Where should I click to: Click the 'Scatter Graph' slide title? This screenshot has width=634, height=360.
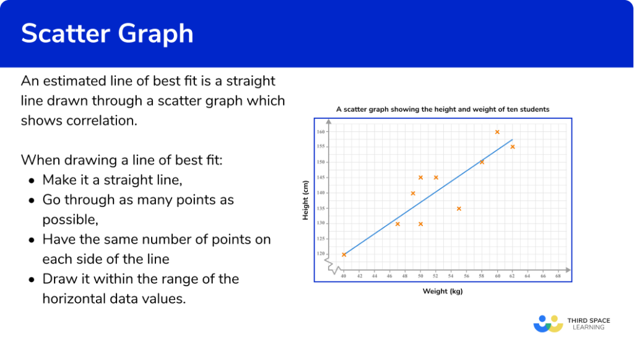pyautogui.click(x=107, y=33)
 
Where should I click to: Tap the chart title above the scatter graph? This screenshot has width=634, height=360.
pyautogui.click(x=442, y=109)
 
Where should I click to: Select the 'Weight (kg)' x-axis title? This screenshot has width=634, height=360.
pyautogui.click(x=443, y=291)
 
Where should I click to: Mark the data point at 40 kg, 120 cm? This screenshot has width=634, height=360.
pyautogui.click(x=344, y=255)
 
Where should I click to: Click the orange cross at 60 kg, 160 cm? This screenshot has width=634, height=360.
pyautogui.click(x=497, y=132)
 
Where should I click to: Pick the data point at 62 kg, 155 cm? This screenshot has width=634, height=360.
pyautogui.click(x=513, y=147)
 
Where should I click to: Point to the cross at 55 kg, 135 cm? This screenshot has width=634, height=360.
pyautogui.click(x=459, y=208)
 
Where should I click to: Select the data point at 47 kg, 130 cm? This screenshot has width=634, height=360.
pyautogui.click(x=397, y=224)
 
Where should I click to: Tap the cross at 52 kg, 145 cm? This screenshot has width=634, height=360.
pyautogui.click(x=436, y=177)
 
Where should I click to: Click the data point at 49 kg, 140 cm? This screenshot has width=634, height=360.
pyautogui.click(x=413, y=193)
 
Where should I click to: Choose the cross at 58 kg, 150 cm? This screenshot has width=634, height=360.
pyautogui.click(x=482, y=162)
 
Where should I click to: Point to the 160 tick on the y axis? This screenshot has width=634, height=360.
pyautogui.click(x=321, y=132)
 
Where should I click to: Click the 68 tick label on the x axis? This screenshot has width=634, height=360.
pyautogui.click(x=558, y=275)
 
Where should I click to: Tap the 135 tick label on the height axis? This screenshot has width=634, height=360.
pyautogui.click(x=321, y=208)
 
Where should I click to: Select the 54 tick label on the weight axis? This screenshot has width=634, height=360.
pyautogui.click(x=451, y=275)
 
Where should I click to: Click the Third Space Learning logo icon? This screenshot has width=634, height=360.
pyautogui.click(x=549, y=323)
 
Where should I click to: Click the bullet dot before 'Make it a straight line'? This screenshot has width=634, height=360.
pyautogui.click(x=32, y=180)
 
